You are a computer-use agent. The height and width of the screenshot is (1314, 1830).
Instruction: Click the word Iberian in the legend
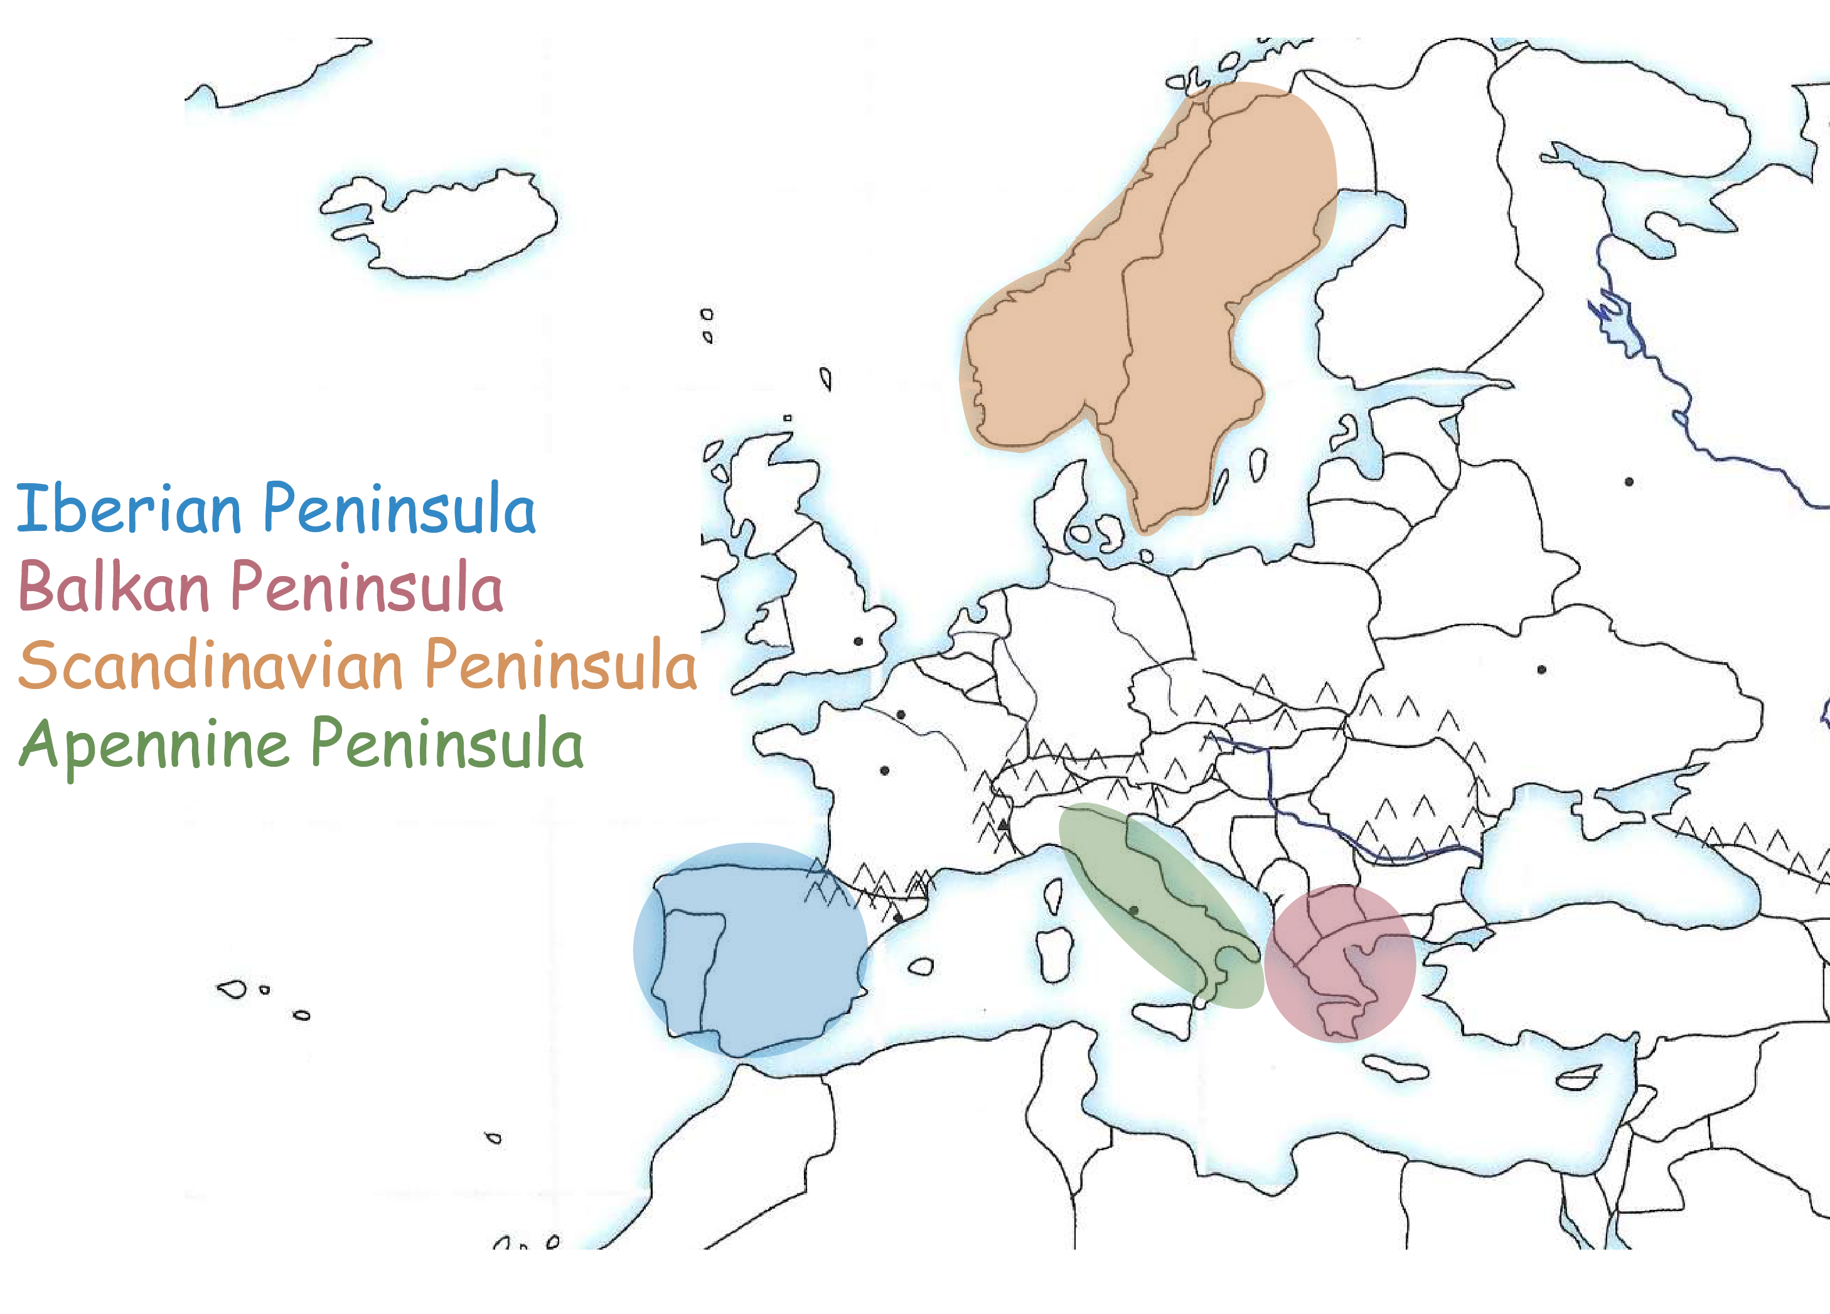(x=129, y=508)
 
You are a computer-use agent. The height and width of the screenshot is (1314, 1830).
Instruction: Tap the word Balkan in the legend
(x=113, y=587)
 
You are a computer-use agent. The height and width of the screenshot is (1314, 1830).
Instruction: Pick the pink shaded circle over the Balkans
(x=1339, y=964)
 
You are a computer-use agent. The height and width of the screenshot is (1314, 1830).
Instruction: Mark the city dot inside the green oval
(x=1133, y=911)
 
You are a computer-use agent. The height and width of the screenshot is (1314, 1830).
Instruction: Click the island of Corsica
(x=1054, y=895)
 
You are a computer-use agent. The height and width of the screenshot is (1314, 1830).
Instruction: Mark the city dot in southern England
(x=859, y=641)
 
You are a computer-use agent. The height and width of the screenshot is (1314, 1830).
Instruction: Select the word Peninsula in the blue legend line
(x=399, y=508)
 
